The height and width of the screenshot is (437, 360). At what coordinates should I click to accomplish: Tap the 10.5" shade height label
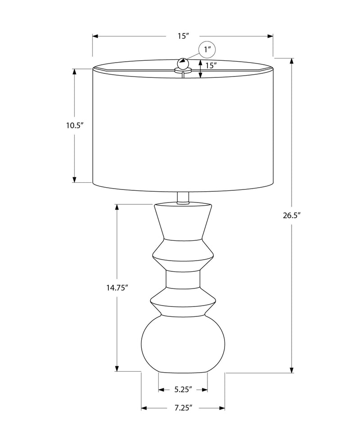pos(75,126)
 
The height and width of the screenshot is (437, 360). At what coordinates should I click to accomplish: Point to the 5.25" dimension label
pos(183,388)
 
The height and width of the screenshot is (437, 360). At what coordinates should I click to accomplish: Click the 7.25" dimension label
pos(183,408)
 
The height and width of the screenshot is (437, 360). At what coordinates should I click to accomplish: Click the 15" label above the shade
pos(182,36)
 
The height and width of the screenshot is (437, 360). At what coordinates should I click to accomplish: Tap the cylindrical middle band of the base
pos(183,279)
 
